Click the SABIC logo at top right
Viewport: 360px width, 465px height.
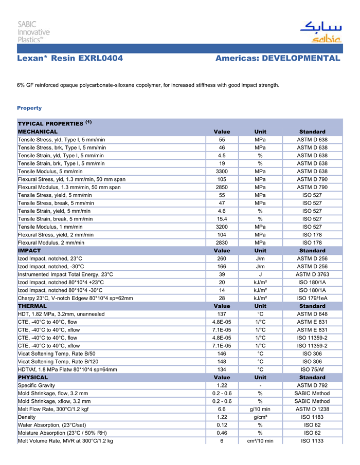(320, 32)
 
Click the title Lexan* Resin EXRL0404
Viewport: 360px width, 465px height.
(70, 59)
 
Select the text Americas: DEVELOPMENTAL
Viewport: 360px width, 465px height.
(278, 59)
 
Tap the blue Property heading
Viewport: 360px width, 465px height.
(29, 108)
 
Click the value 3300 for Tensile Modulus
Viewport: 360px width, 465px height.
(222, 171)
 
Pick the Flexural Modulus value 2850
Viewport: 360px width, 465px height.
(222, 187)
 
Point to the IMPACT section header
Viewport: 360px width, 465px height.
(29, 250)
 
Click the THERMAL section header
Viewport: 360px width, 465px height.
(32, 306)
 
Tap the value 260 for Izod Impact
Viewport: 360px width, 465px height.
(222, 258)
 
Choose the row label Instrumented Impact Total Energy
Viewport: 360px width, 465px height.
(65, 274)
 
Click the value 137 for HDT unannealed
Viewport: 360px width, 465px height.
(222, 314)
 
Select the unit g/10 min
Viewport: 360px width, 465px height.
(260, 409)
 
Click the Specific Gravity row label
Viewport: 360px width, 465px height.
(37, 385)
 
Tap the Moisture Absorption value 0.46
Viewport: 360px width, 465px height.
(222, 433)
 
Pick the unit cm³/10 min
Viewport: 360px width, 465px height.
(260, 441)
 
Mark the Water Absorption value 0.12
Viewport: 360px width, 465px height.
(222, 425)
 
